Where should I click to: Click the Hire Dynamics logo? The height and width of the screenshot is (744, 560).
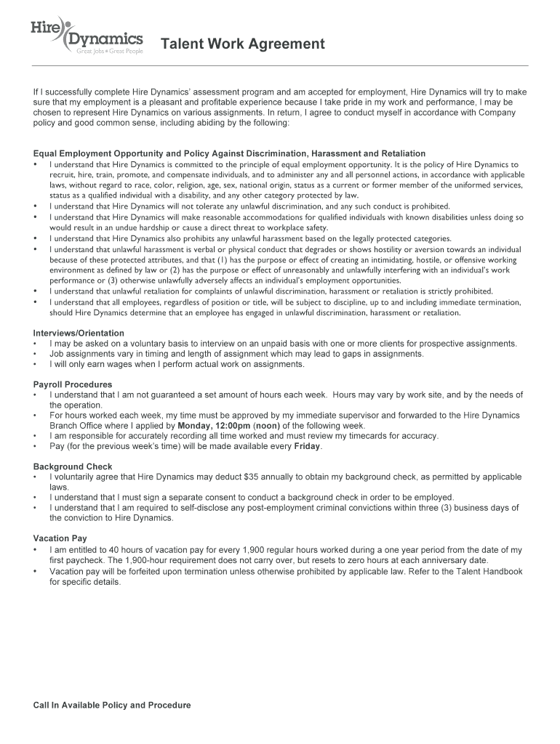click(86, 35)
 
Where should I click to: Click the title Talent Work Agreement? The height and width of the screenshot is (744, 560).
click(242, 44)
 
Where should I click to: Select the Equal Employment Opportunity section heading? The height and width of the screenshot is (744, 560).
click(229, 153)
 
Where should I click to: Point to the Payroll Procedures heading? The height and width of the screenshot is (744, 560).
click(73, 384)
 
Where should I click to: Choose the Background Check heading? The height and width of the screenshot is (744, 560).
click(72, 466)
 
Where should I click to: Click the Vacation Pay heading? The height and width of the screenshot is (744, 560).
click(60, 538)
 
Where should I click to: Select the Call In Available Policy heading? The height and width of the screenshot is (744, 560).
click(112, 705)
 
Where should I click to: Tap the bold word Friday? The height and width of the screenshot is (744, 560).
click(307, 446)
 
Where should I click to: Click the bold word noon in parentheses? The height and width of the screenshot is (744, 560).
click(265, 426)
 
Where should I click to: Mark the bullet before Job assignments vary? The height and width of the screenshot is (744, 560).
click(36, 354)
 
